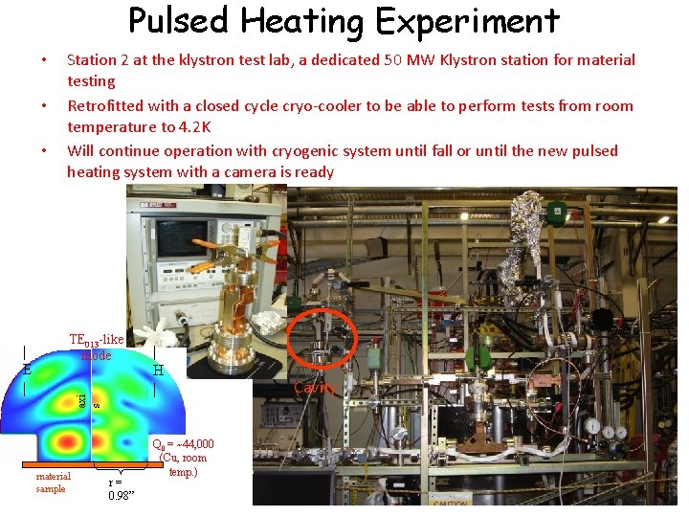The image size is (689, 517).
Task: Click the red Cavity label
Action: click(x=315, y=388)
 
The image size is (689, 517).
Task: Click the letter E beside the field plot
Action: click(x=28, y=369)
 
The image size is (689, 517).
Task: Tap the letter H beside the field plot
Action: click(x=159, y=370)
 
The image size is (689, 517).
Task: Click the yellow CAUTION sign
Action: click(x=450, y=502)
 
